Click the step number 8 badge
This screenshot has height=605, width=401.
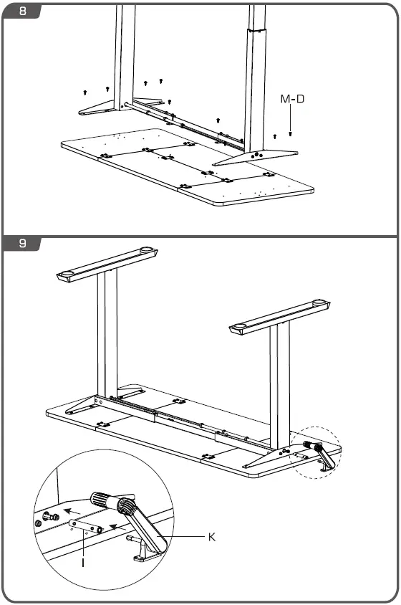tap(22, 11)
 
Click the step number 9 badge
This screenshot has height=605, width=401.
tap(22, 243)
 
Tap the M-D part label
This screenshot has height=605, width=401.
tap(291, 99)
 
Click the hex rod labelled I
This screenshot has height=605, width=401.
tap(84, 526)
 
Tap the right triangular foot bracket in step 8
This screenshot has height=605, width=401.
tap(259, 151)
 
